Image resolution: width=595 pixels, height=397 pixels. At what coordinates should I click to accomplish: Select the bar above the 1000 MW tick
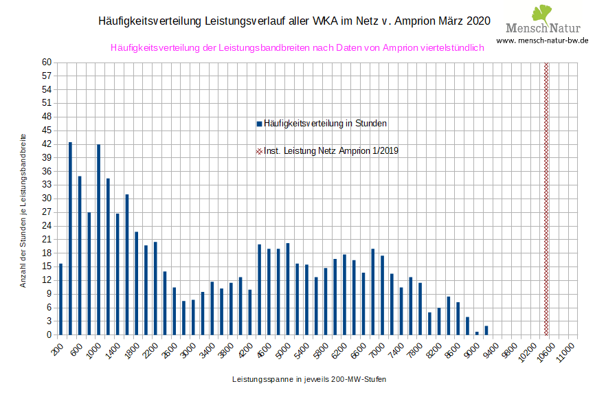click(x=98, y=240)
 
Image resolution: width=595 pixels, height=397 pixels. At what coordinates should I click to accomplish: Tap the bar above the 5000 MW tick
click(x=287, y=289)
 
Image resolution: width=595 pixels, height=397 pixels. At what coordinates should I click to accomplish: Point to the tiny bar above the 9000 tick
click(x=477, y=333)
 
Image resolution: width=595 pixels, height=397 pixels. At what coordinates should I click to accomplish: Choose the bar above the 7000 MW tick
click(x=382, y=295)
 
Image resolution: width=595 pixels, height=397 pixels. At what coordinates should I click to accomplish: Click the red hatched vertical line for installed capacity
click(x=546, y=198)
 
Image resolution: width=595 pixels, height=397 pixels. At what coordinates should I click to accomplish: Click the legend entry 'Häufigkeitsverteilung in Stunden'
click(x=321, y=124)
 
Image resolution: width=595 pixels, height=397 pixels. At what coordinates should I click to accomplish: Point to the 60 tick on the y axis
click(x=47, y=63)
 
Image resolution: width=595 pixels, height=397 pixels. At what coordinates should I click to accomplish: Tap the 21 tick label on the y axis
click(x=47, y=240)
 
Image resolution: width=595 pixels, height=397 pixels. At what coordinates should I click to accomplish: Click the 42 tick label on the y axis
click(x=47, y=144)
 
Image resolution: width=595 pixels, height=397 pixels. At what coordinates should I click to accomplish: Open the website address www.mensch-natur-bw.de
click(x=542, y=41)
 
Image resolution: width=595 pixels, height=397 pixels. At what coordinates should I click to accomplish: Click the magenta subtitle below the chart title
click(x=297, y=47)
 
